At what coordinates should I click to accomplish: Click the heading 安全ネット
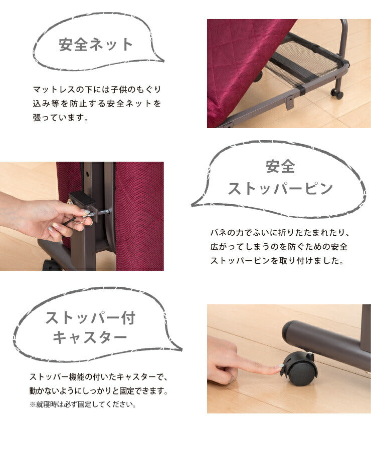click(96, 45)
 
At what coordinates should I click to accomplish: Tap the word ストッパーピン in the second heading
click(280, 189)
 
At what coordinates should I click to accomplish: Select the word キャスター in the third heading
click(91, 337)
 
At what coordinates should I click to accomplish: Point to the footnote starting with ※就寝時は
click(82, 403)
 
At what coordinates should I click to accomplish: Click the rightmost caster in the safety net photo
click(337, 94)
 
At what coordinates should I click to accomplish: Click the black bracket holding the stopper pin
click(83, 200)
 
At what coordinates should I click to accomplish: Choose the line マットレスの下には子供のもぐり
click(97, 89)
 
